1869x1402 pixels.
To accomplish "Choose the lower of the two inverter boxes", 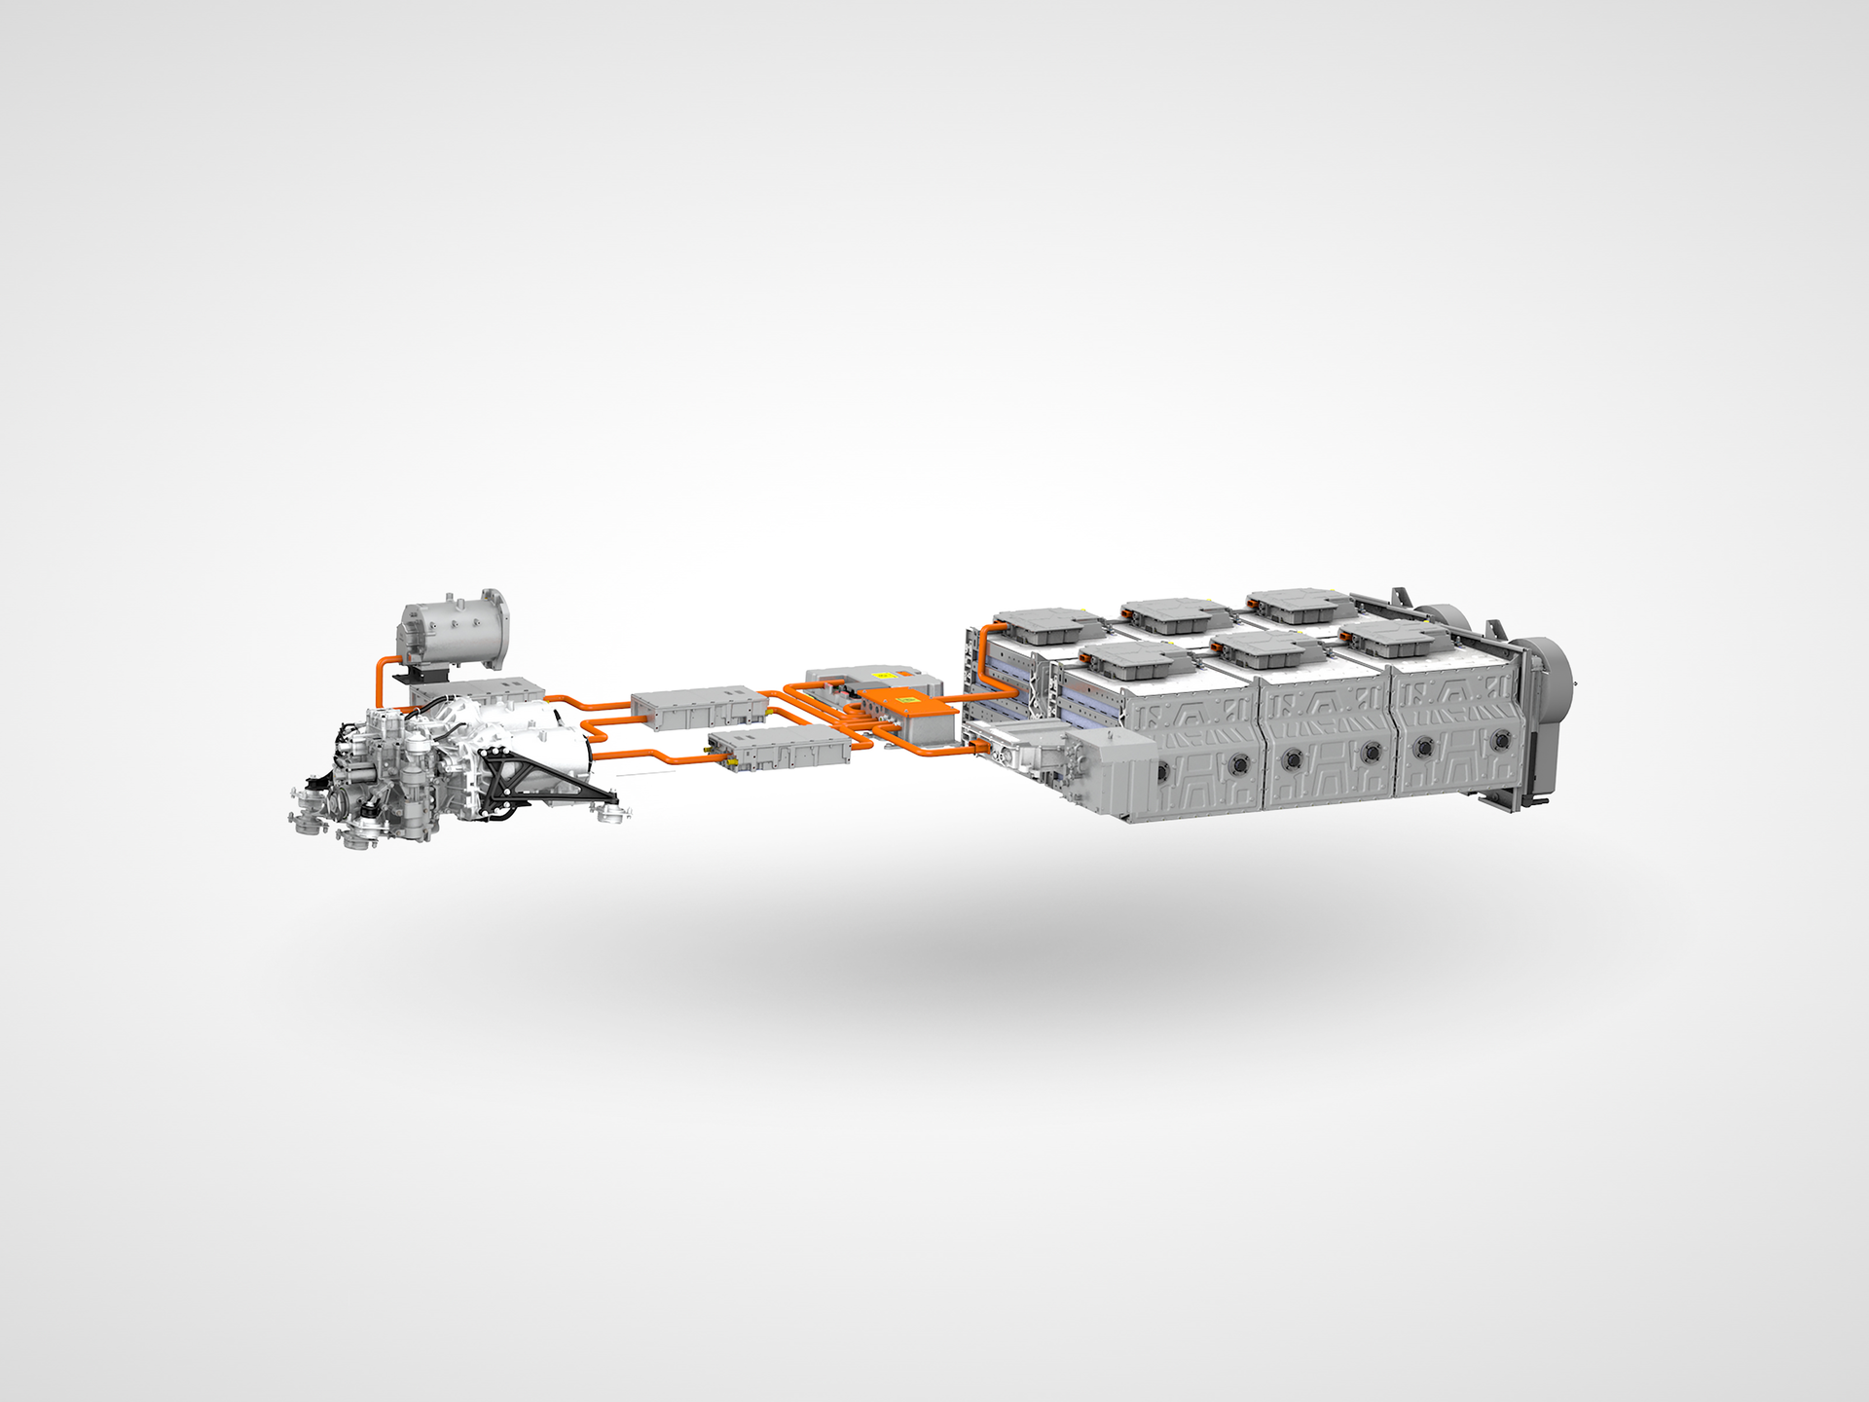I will pyautogui.click(x=779, y=748).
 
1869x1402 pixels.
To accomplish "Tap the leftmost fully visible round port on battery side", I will pyautogui.click(x=1162, y=770).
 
